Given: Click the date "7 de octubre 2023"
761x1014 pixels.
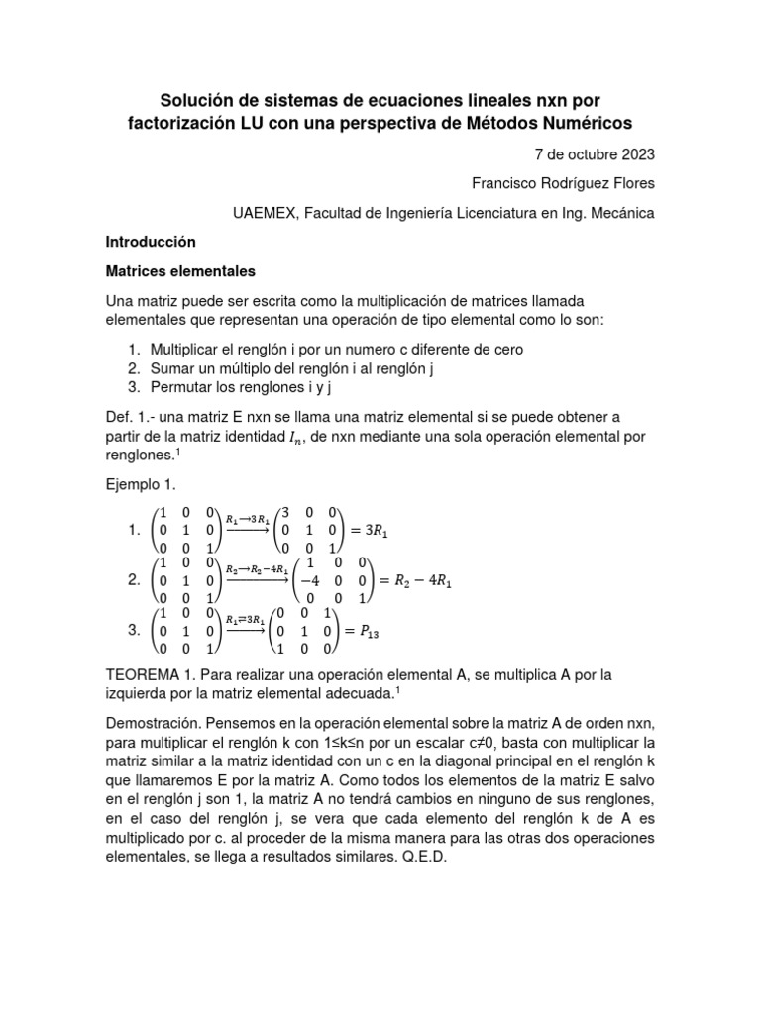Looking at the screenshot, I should (595, 155).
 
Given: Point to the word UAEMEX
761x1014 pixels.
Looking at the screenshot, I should (263, 213).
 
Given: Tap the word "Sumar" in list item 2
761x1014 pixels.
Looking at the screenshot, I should (170, 368).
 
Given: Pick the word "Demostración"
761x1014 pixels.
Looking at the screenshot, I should (153, 723).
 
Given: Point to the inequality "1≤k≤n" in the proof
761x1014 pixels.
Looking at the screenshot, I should (422, 743).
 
